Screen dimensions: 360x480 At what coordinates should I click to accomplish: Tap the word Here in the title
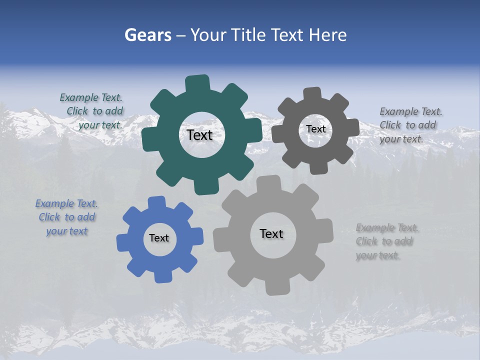(x=327, y=35)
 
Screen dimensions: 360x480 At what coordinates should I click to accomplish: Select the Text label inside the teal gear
(x=199, y=135)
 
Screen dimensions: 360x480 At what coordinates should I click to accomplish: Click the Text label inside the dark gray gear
(x=315, y=129)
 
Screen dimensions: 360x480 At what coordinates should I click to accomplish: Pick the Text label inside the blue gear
(x=159, y=238)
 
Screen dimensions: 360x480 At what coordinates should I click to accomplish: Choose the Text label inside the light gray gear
(x=271, y=233)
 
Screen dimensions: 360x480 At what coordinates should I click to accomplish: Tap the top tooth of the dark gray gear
(x=312, y=94)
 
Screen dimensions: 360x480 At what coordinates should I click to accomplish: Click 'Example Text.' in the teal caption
(x=91, y=98)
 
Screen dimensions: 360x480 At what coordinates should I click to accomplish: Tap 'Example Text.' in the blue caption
(x=66, y=203)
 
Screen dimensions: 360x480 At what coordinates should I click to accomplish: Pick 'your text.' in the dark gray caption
(x=401, y=139)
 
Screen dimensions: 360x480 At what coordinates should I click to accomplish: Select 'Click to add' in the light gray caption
(x=384, y=241)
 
